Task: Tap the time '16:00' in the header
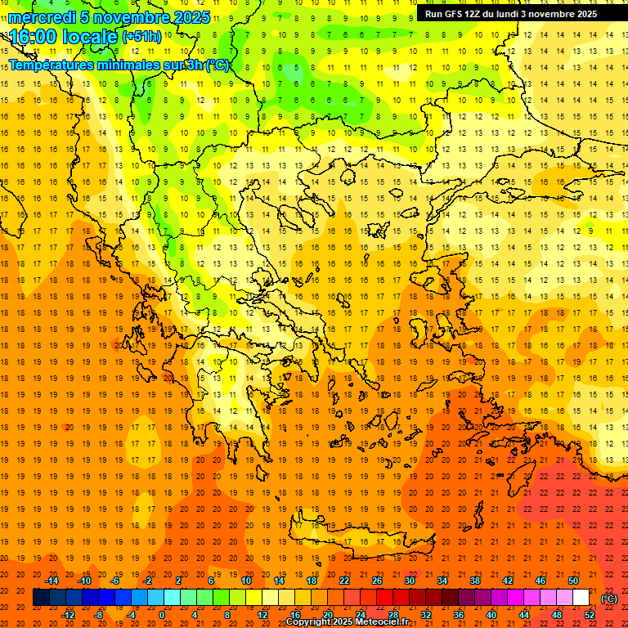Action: [x=34, y=37]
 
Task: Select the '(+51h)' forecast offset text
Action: [x=141, y=37]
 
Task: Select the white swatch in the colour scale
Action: [x=581, y=598]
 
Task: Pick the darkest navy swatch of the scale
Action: [x=41, y=598]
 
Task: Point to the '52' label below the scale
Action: [x=589, y=615]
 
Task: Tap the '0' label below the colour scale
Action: [x=162, y=615]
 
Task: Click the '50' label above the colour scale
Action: [x=573, y=581]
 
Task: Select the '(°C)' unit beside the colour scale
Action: [x=609, y=599]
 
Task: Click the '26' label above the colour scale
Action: [x=377, y=581]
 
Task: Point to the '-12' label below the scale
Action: [x=69, y=615]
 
